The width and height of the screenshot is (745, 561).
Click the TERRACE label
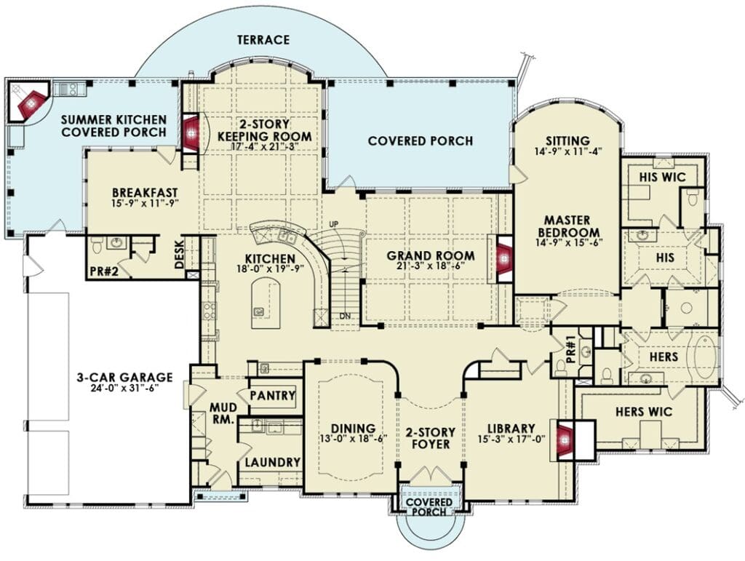pyautogui.click(x=263, y=39)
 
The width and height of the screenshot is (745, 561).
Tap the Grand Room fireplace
pyautogui.click(x=503, y=258)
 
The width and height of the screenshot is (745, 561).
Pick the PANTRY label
pyautogui.click(x=273, y=395)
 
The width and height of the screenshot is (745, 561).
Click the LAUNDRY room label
pyautogui.click(x=273, y=462)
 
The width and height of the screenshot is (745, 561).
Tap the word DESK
pyautogui.click(x=179, y=255)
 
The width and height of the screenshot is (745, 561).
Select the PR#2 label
pyautogui.click(x=103, y=271)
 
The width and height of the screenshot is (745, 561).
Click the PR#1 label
pyautogui.click(x=571, y=349)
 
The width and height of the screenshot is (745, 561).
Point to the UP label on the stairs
pyautogui.click(x=335, y=223)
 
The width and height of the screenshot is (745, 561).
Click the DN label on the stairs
pyautogui.click(x=345, y=315)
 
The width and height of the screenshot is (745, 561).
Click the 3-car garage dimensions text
pyautogui.click(x=124, y=388)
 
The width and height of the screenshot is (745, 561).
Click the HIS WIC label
pyautogui.click(x=662, y=178)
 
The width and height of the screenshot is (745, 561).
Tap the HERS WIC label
pyautogui.click(x=644, y=411)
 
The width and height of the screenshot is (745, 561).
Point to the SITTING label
pyautogui.click(x=567, y=141)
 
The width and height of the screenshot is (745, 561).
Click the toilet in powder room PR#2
pyautogui.click(x=97, y=245)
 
